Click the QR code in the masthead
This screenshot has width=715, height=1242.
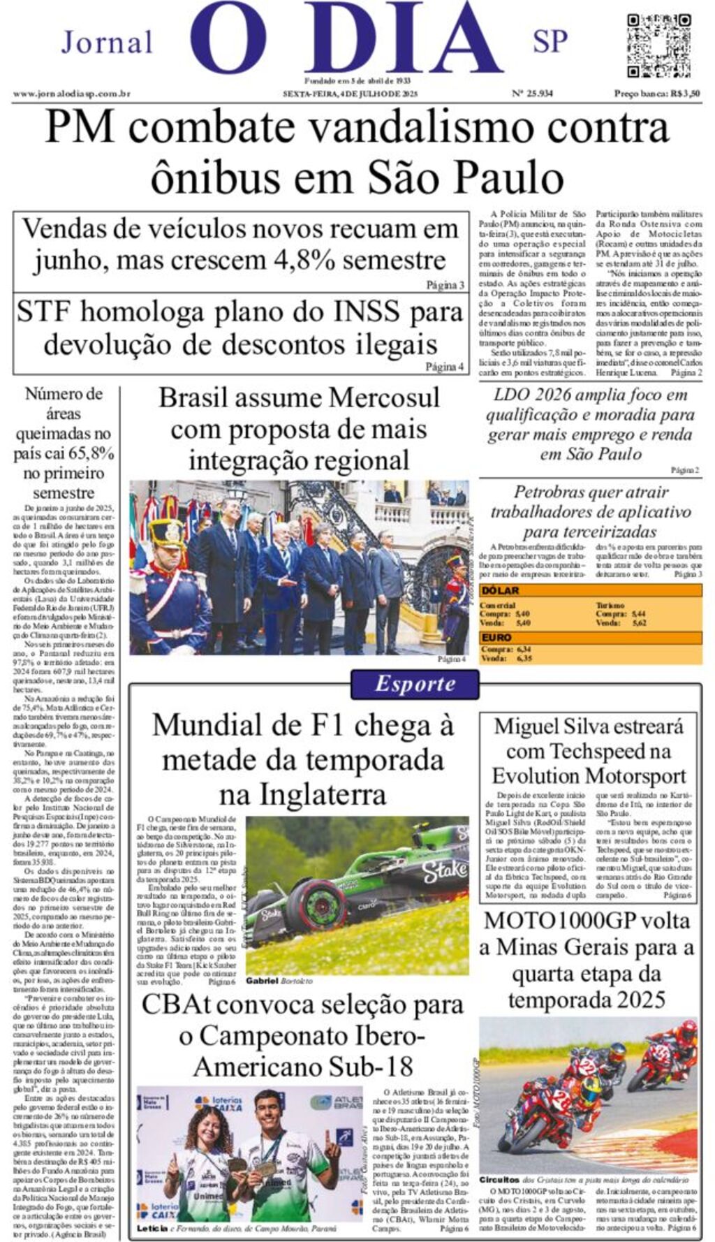coord(658,45)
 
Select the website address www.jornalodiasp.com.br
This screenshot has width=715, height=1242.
coord(71,94)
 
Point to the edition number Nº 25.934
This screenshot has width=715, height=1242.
coord(532,94)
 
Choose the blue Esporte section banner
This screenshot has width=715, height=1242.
coord(415,683)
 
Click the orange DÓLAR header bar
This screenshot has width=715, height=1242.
coord(590,590)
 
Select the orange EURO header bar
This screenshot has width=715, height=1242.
coord(590,637)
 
